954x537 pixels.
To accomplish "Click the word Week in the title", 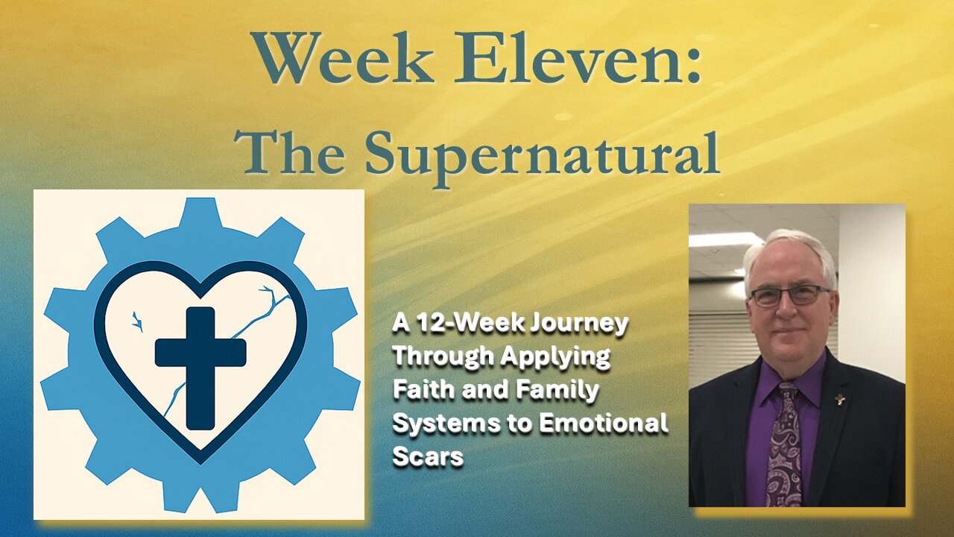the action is click(x=342, y=57).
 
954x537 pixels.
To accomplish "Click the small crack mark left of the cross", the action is click(x=137, y=321).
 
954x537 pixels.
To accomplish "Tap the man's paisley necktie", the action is click(x=786, y=443).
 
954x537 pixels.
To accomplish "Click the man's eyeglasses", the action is click(x=790, y=296).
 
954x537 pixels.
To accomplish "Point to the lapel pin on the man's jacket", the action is click(x=840, y=400).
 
